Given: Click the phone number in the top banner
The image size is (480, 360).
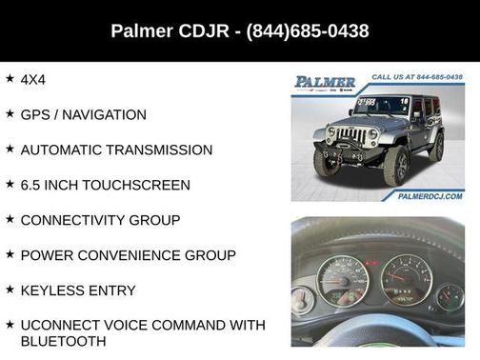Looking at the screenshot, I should click(x=308, y=31).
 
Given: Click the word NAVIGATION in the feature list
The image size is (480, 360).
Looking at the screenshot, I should click(x=106, y=114).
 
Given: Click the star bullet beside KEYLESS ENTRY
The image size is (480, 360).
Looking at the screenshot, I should click(x=10, y=290).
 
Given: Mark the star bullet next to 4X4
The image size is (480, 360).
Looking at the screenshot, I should click(x=10, y=78).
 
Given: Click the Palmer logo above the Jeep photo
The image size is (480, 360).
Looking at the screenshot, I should click(x=325, y=82).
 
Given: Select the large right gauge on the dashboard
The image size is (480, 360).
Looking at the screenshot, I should click(x=407, y=279).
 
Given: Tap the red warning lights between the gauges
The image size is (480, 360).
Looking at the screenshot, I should click(x=373, y=262).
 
